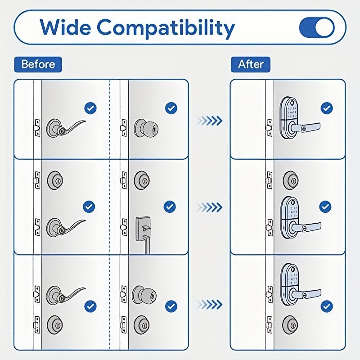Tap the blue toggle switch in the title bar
[x=317, y=27]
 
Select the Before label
[x=38, y=64]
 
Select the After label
[x=251, y=64]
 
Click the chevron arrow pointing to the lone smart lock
[x=210, y=120]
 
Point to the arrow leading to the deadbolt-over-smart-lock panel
[x=210, y=207]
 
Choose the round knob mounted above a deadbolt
[x=143, y=295]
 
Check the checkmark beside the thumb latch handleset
[x=170, y=207]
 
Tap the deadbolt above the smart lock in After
[x=290, y=179]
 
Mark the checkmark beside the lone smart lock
[x=327, y=108]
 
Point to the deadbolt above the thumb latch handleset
[x=142, y=179]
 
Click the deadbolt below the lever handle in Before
[x=55, y=324]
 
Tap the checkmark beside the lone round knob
[x=171, y=108]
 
